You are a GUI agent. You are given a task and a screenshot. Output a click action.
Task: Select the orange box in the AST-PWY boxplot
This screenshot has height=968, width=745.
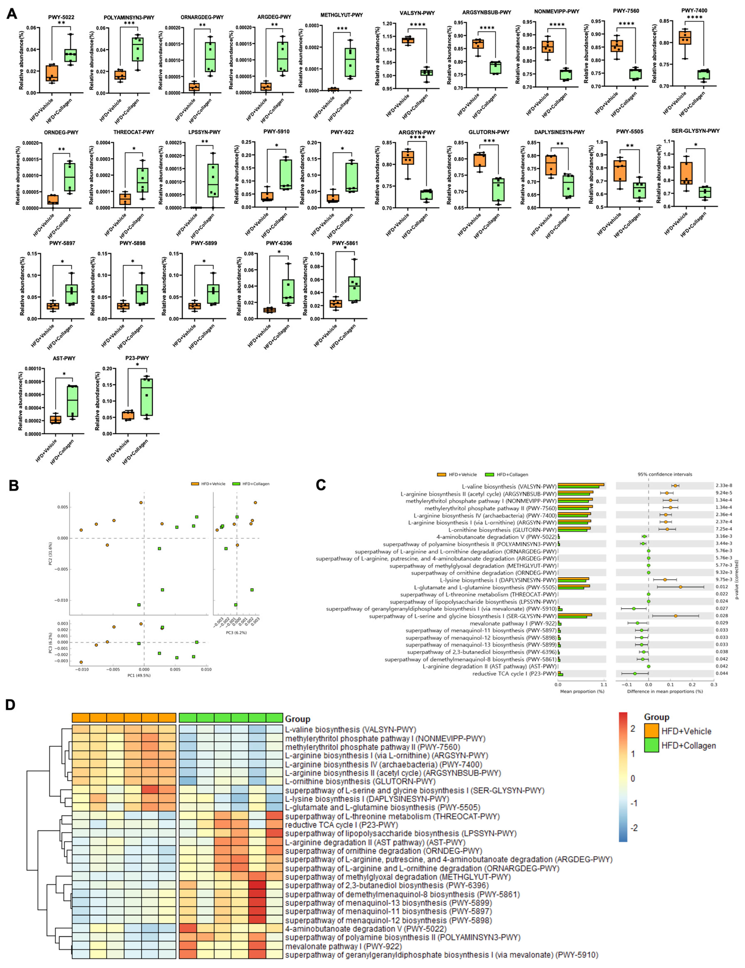55,419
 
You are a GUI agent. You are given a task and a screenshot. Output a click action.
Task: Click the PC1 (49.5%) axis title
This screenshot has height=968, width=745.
139,675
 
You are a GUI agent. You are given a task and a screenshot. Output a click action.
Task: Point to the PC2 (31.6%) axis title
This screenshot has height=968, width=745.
50,554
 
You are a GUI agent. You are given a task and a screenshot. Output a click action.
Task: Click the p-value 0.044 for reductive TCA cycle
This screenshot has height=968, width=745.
721,673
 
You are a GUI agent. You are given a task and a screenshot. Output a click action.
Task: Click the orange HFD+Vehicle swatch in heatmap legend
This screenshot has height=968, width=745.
651,731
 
